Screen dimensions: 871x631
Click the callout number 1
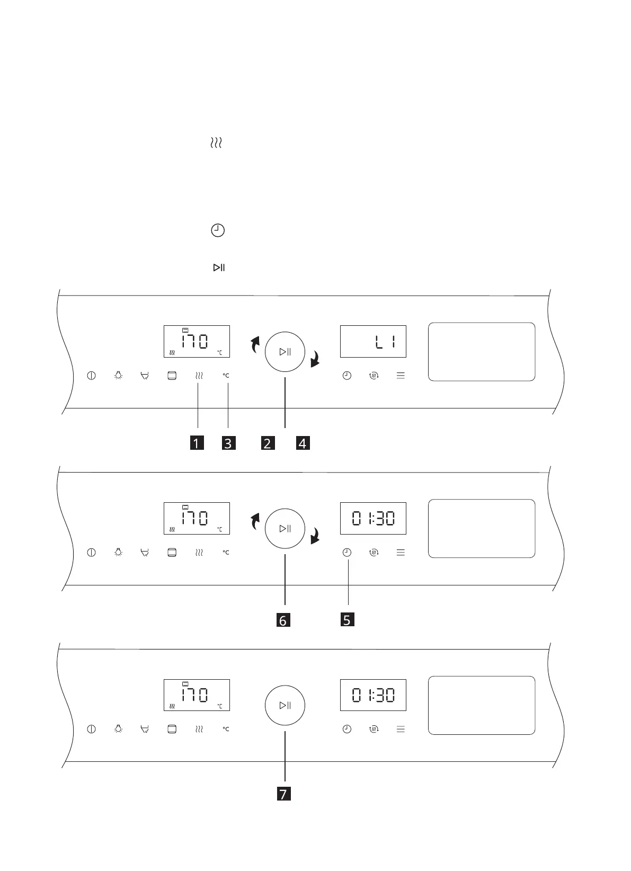(197, 443)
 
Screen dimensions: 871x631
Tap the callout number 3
(228, 443)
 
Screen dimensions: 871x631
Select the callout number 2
(268, 443)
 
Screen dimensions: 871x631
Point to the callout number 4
(303, 443)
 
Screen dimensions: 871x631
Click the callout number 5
(347, 619)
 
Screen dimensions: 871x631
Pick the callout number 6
(283, 620)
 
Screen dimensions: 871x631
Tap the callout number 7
(284, 794)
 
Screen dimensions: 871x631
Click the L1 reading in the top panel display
(385, 343)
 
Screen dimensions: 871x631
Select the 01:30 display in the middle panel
(374, 519)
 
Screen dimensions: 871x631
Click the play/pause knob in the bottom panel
(285, 705)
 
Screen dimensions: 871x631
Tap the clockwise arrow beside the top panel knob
(316, 359)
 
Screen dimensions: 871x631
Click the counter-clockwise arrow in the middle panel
(255, 521)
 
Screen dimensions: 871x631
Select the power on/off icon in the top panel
(92, 376)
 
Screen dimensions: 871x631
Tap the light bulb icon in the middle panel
(119, 552)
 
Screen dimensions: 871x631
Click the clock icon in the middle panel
(347, 552)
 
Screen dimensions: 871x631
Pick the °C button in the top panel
(226, 376)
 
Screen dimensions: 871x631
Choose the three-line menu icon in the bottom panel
(401, 729)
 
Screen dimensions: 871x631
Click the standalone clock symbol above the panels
(218, 230)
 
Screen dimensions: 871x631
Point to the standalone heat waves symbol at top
(216, 143)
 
